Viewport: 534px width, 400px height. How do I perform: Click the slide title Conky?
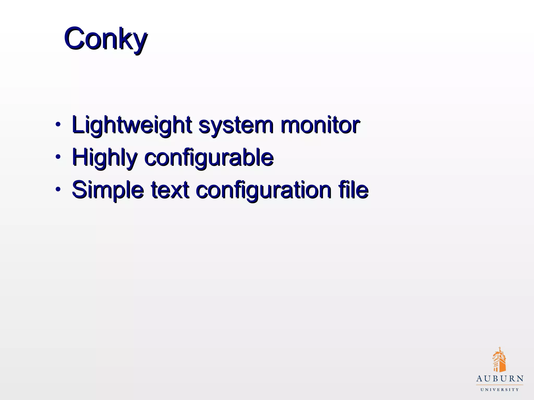106,39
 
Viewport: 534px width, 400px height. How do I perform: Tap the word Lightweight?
132,125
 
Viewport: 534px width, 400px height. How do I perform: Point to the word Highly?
105,158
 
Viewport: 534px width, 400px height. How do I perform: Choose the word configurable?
209,158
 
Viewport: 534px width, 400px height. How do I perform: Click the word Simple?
108,190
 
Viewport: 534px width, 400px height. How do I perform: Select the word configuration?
263,190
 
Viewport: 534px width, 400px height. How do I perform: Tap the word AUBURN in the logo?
500,379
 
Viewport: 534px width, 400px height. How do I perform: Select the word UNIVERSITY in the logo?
500,390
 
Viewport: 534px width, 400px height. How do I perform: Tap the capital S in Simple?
79,189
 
